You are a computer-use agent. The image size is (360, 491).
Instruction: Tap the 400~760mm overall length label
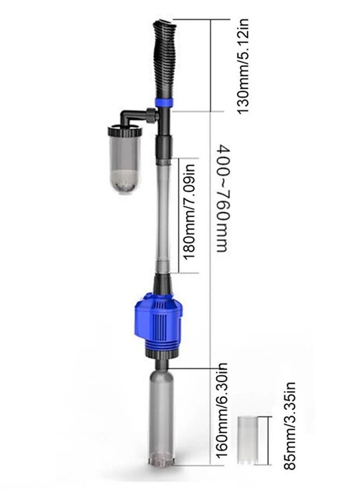point(221,199)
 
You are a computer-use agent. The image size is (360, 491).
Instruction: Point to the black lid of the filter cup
point(124,131)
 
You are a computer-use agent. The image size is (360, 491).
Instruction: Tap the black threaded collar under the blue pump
point(161,351)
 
